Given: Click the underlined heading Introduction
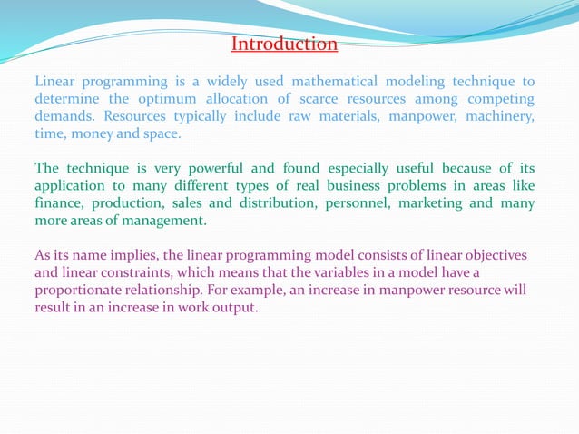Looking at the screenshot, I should pyautogui.click(x=284, y=44).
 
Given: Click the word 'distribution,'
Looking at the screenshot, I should pyautogui.click(x=266, y=203).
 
